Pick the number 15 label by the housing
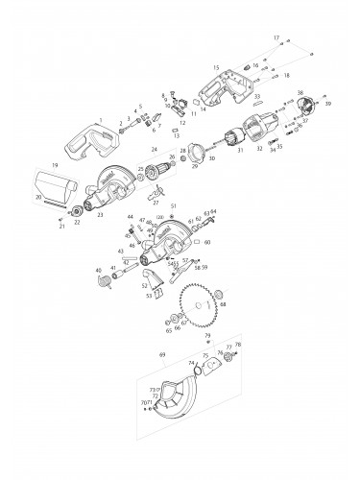[x=216, y=68]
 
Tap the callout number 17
[x=276, y=36]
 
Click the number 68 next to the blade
[x=223, y=304]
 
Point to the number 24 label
[x=153, y=151]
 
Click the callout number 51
[x=174, y=206]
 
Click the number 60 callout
[x=206, y=243]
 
